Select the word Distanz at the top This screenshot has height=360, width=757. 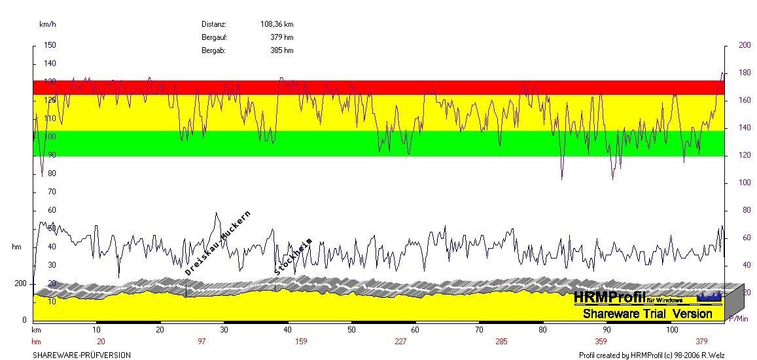click(214, 24)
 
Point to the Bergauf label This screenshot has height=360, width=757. click(214, 37)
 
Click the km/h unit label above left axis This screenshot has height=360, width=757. click(47, 24)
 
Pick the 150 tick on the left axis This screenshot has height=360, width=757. click(50, 45)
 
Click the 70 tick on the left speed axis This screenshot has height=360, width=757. click(52, 192)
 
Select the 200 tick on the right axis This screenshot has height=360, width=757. click(745, 45)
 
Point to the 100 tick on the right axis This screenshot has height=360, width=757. click(745, 183)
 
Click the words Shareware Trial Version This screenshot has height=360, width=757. click(647, 314)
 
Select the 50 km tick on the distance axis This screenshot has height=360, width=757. click(352, 331)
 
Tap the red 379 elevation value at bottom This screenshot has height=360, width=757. click(702, 342)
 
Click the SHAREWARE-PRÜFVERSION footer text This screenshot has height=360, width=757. click(82, 355)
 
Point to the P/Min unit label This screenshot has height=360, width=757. click(739, 319)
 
